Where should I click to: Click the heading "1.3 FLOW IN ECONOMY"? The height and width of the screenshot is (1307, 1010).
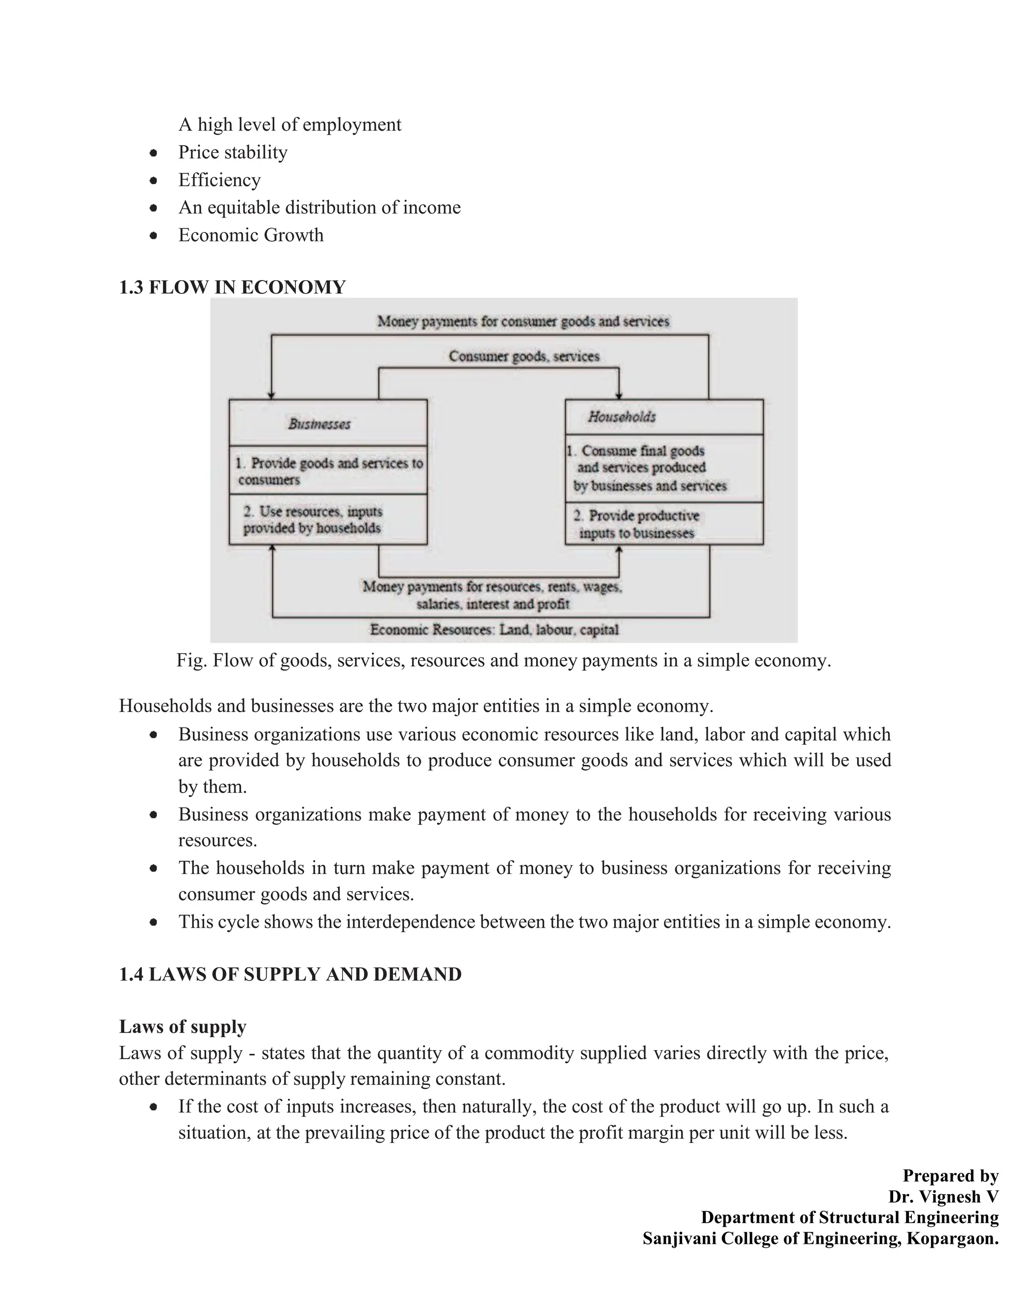pos(232,287)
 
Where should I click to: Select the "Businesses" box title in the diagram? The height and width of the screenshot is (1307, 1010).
pos(320,424)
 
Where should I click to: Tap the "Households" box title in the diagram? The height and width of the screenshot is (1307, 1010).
pos(622,417)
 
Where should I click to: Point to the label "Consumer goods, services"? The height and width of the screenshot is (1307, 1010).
pos(524,357)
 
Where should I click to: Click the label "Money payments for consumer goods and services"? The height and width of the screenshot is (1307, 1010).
pos(523,322)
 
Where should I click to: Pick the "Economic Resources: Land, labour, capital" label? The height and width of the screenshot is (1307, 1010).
pos(494,629)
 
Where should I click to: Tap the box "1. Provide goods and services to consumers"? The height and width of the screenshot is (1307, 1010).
pos(328,471)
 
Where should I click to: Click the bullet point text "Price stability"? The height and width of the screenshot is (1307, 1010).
pos(233,152)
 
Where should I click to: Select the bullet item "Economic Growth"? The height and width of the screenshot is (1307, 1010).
pos(251,235)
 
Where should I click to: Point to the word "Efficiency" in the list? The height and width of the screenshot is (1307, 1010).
pos(219,180)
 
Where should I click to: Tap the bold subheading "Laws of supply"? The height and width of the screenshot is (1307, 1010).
pos(182,1027)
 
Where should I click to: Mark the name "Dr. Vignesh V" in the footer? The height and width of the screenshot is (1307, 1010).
pos(943,1197)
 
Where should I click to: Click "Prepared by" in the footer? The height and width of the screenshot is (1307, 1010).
pos(950,1176)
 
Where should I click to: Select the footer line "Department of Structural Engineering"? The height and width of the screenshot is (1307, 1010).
pos(850,1217)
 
